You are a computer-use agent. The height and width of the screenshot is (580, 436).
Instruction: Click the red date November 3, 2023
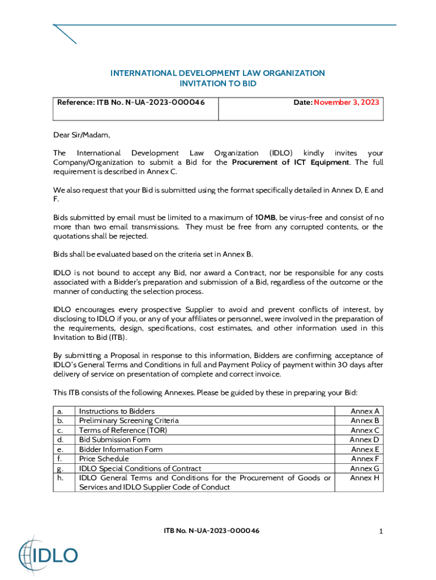click(x=347, y=103)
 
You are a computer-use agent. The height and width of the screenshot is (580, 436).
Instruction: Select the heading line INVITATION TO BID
click(x=217, y=83)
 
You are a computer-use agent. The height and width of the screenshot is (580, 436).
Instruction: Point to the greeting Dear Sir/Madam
click(x=82, y=135)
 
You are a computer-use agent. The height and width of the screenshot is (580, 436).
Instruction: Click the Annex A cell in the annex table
click(x=365, y=411)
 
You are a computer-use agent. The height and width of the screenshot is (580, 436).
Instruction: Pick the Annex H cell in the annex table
click(x=365, y=478)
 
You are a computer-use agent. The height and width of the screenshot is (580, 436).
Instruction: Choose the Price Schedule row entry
click(x=104, y=459)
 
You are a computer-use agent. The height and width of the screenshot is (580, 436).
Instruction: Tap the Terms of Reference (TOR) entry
click(x=123, y=430)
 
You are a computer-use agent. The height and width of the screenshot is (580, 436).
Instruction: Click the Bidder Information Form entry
click(x=121, y=449)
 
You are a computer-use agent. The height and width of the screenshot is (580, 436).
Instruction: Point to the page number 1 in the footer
click(x=382, y=531)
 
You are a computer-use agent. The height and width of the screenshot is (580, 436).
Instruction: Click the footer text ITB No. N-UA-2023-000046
click(x=212, y=531)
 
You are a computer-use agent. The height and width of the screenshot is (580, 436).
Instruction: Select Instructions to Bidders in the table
click(x=117, y=411)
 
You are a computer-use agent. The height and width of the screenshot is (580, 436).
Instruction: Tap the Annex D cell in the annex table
click(x=364, y=440)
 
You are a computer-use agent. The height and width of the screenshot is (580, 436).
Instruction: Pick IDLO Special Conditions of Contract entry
click(x=140, y=468)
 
